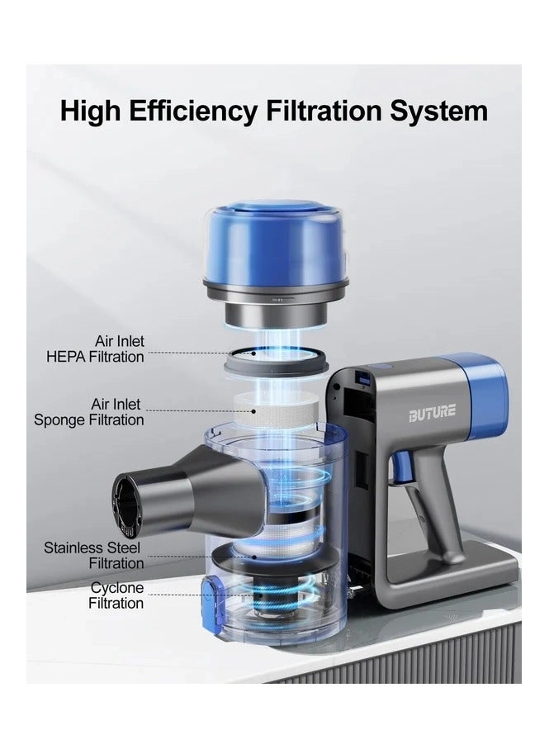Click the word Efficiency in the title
[192, 111]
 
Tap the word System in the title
[438, 111]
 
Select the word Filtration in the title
[324, 111]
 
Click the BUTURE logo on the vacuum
[432, 413]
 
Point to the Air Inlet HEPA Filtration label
[95, 348]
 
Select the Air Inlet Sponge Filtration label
[89, 412]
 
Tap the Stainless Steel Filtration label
[93, 555]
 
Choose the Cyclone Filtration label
[116, 595]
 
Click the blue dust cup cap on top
[276, 243]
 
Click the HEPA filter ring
[276, 361]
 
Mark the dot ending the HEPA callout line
[253, 353]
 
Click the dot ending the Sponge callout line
[254, 410]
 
